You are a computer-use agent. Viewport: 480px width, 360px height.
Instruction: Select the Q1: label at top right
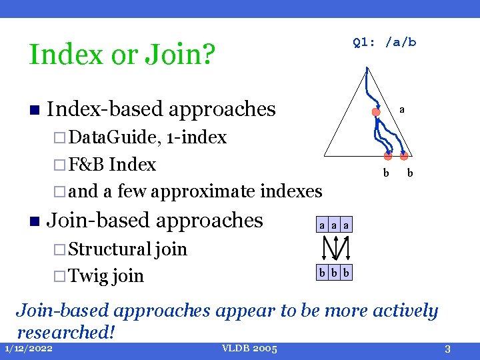(x=364, y=42)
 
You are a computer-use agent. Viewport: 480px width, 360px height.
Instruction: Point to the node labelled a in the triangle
(x=376, y=113)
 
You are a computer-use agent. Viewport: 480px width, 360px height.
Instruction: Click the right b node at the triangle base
(x=404, y=157)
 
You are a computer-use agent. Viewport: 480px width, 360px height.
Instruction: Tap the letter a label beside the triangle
(x=402, y=109)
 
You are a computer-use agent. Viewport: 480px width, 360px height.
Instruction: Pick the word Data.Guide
(x=114, y=137)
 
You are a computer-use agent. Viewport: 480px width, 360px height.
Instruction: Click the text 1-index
(x=197, y=137)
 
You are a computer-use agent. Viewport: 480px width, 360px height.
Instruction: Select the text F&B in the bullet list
(x=87, y=165)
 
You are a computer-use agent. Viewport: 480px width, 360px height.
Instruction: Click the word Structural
(x=109, y=249)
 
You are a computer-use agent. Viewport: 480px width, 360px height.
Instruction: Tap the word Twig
(x=89, y=275)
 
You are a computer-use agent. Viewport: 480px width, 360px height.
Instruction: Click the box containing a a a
(x=334, y=226)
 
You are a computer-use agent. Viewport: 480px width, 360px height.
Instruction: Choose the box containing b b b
(x=334, y=273)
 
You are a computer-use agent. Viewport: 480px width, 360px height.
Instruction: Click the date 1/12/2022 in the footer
(x=29, y=349)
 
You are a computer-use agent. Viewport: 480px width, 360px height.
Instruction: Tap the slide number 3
(x=448, y=349)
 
